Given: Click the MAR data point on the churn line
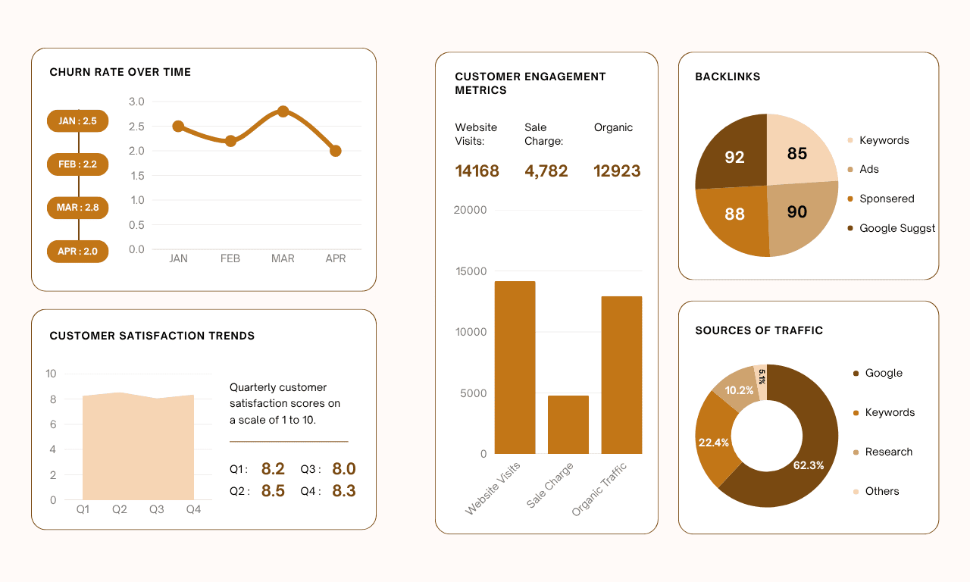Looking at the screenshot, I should coord(283,111).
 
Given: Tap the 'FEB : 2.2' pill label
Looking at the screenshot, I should coord(77,164).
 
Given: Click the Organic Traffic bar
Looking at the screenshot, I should coord(621,375).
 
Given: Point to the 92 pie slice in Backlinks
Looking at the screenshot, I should coord(732,155).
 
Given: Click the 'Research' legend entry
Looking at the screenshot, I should coord(888,452).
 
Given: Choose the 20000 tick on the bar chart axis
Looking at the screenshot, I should coord(470,210).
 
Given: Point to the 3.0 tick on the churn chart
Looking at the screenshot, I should coord(136,102).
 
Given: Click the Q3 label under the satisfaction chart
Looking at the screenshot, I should coord(156,509).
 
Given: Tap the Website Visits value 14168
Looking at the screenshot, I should coord(477,171).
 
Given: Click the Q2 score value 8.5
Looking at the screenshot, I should coord(273,491).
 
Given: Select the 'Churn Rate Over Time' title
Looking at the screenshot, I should coord(120,72).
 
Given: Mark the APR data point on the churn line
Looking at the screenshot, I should coord(335,151).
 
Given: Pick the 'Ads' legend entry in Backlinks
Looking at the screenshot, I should coord(868,169).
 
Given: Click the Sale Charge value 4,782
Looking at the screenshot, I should coord(546,171).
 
